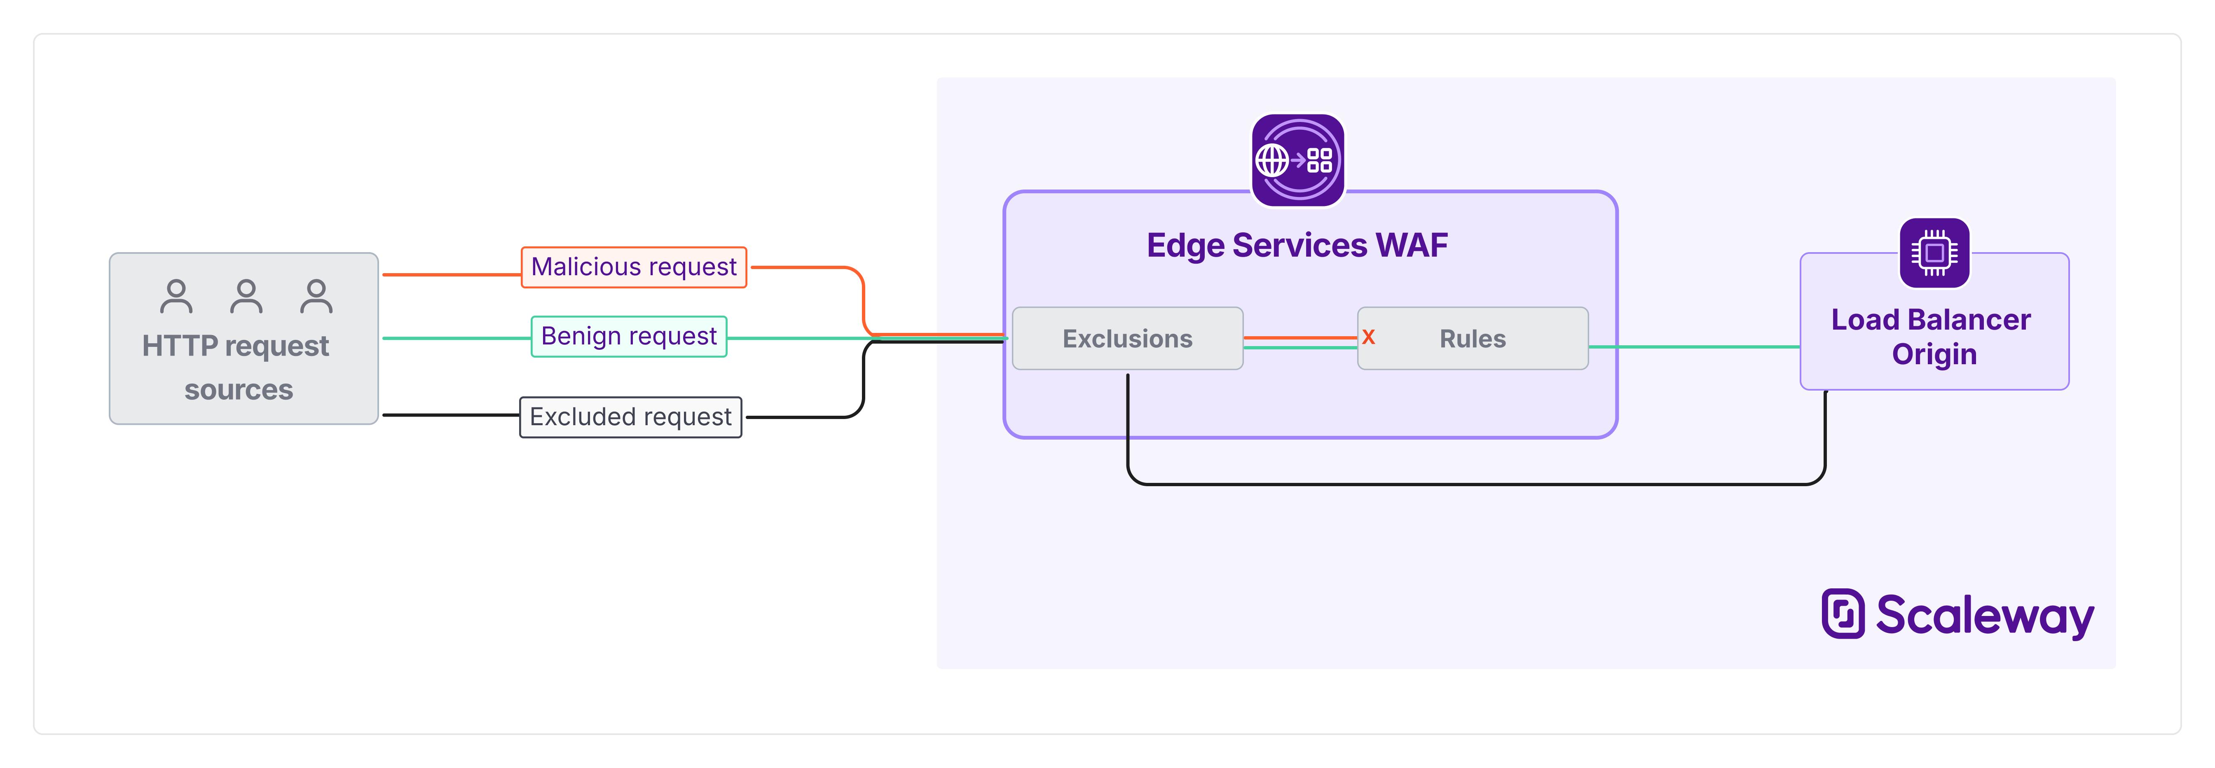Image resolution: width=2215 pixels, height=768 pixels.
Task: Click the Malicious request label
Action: coord(634,267)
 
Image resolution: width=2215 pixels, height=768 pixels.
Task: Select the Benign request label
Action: coord(629,336)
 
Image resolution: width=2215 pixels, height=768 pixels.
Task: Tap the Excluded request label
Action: coord(630,417)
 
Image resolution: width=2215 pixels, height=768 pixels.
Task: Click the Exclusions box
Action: coord(1127,339)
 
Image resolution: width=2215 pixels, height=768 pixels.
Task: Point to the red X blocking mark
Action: coord(1368,337)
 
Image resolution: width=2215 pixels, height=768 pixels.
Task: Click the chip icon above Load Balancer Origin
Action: coord(1934,253)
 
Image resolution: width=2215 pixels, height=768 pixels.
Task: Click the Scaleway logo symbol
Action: coord(1843,614)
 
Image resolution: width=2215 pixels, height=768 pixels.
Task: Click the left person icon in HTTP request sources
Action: coord(176,297)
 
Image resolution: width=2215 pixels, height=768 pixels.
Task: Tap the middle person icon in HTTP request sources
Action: coord(246,297)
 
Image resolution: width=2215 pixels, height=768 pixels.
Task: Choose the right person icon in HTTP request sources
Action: coord(316,297)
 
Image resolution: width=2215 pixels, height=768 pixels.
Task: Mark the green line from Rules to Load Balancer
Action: coord(1694,347)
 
